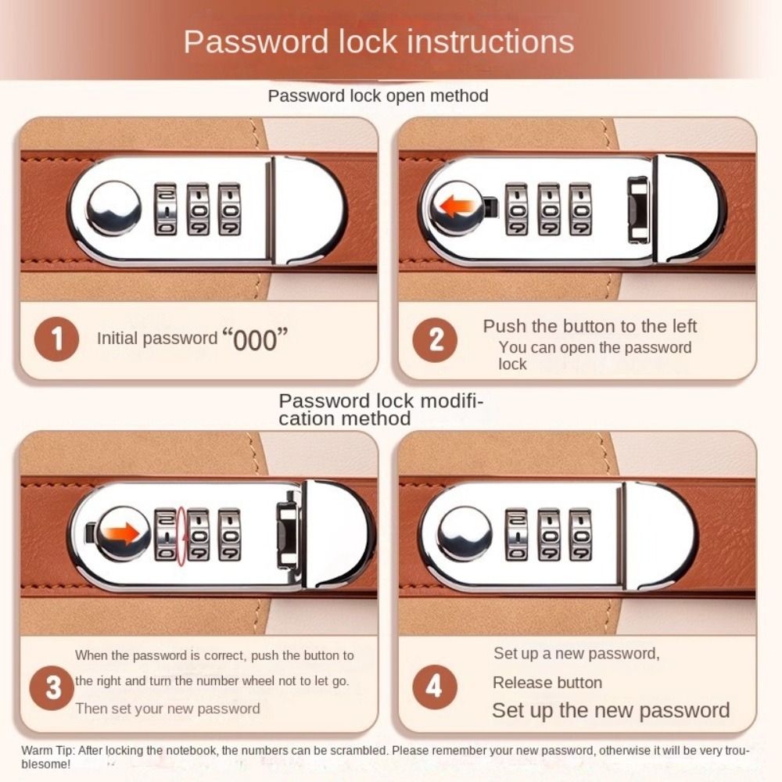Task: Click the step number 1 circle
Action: click(x=56, y=339)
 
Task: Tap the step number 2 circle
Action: click(x=435, y=339)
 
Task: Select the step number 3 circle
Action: click(x=52, y=687)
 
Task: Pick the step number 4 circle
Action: click(x=435, y=687)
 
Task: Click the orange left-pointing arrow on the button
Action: click(x=457, y=206)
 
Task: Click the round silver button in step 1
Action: click(x=113, y=208)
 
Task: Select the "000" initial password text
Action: click(x=255, y=339)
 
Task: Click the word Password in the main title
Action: click(x=256, y=41)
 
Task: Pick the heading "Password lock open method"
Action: click(x=378, y=95)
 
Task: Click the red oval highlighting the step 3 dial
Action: click(x=182, y=536)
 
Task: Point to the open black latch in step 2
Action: click(x=638, y=210)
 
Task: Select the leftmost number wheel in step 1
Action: click(x=165, y=209)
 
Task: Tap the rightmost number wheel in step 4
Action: click(x=580, y=534)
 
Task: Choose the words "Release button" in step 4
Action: click(x=547, y=682)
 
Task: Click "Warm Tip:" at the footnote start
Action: click(x=48, y=751)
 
